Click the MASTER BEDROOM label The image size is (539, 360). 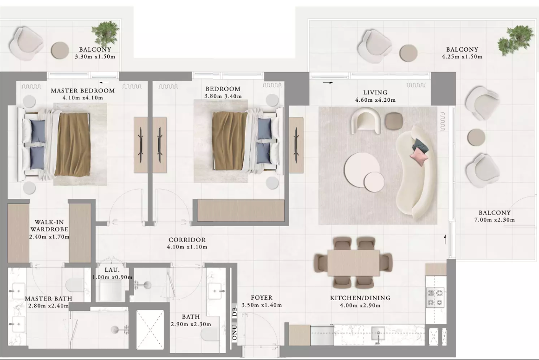pos(83,91)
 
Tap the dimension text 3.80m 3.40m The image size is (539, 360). pos(223,96)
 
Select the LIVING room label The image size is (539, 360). pos(375,92)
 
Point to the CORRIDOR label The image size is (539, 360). pos(187,240)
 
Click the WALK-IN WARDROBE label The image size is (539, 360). pos(49,226)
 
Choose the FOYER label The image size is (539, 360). pos(261,298)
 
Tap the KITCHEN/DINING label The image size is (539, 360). pos(360,298)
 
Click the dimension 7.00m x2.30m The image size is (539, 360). pos(494,220)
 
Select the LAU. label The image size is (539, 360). pos(112,270)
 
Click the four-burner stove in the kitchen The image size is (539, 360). pos(435,298)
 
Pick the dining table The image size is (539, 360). pos(353,263)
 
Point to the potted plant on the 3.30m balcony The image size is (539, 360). pos(105,33)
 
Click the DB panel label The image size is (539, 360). pos(235,312)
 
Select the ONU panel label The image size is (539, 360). pos(235,333)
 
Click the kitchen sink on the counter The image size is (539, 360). pos(378,334)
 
